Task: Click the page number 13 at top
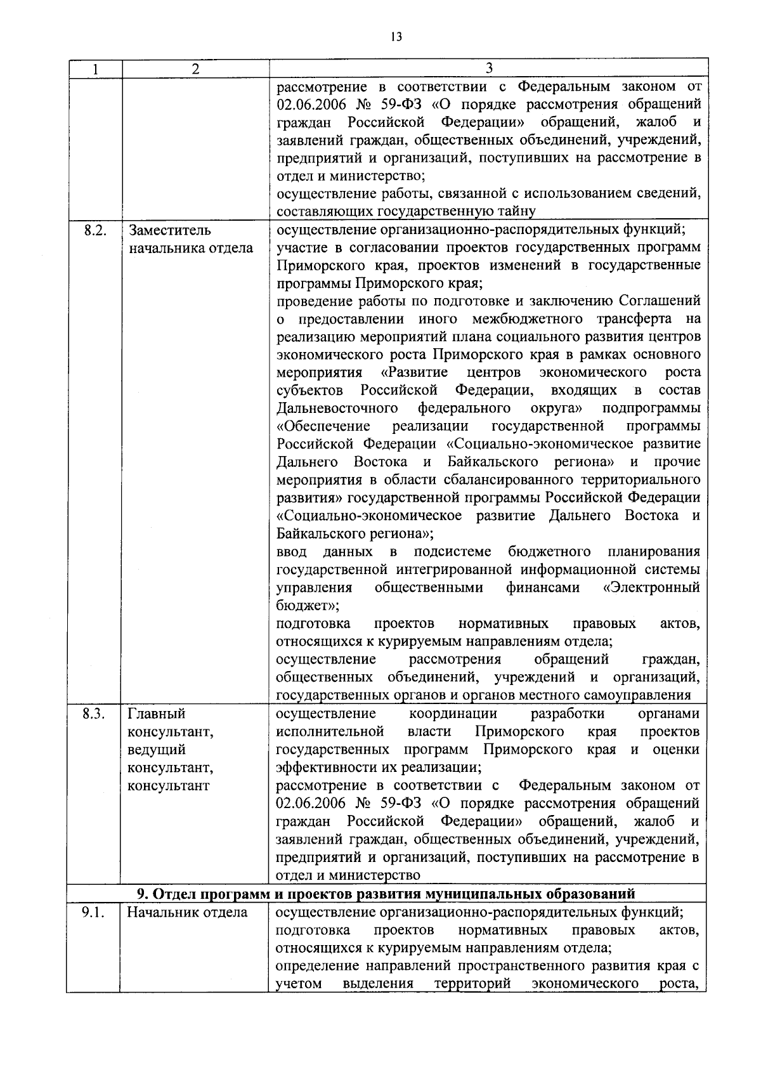pyautogui.click(x=396, y=37)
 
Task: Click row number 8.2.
pyautogui.click(x=94, y=230)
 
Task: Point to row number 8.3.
pyautogui.click(x=94, y=714)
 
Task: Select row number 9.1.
pyautogui.click(x=94, y=913)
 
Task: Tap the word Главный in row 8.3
pyautogui.click(x=156, y=714)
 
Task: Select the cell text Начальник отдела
pyautogui.click(x=187, y=913)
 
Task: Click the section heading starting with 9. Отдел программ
pyautogui.click(x=386, y=894)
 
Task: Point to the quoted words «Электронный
pyautogui.click(x=652, y=587)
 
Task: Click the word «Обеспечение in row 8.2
pyautogui.click(x=323, y=425)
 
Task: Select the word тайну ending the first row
pyautogui.click(x=517, y=211)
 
